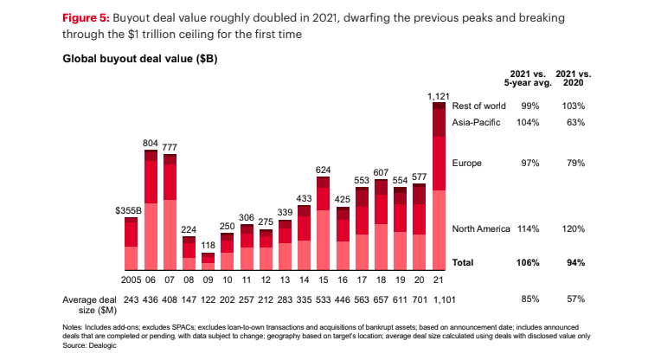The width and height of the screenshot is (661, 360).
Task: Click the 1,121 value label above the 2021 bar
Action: coord(439,96)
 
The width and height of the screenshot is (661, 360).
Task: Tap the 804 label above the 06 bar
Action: coord(150,141)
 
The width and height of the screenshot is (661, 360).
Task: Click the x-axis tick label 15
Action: coord(323,280)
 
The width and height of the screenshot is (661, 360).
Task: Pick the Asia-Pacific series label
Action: coord(477,123)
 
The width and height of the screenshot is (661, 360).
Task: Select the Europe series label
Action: coord(467,163)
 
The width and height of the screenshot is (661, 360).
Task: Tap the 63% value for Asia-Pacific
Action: coord(573,123)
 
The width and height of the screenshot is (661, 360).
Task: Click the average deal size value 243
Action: coord(132,299)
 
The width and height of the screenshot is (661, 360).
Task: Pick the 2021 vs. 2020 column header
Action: coord(572,77)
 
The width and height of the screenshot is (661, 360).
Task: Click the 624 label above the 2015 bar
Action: coord(323,170)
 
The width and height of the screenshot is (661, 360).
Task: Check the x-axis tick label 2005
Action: coord(130,280)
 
